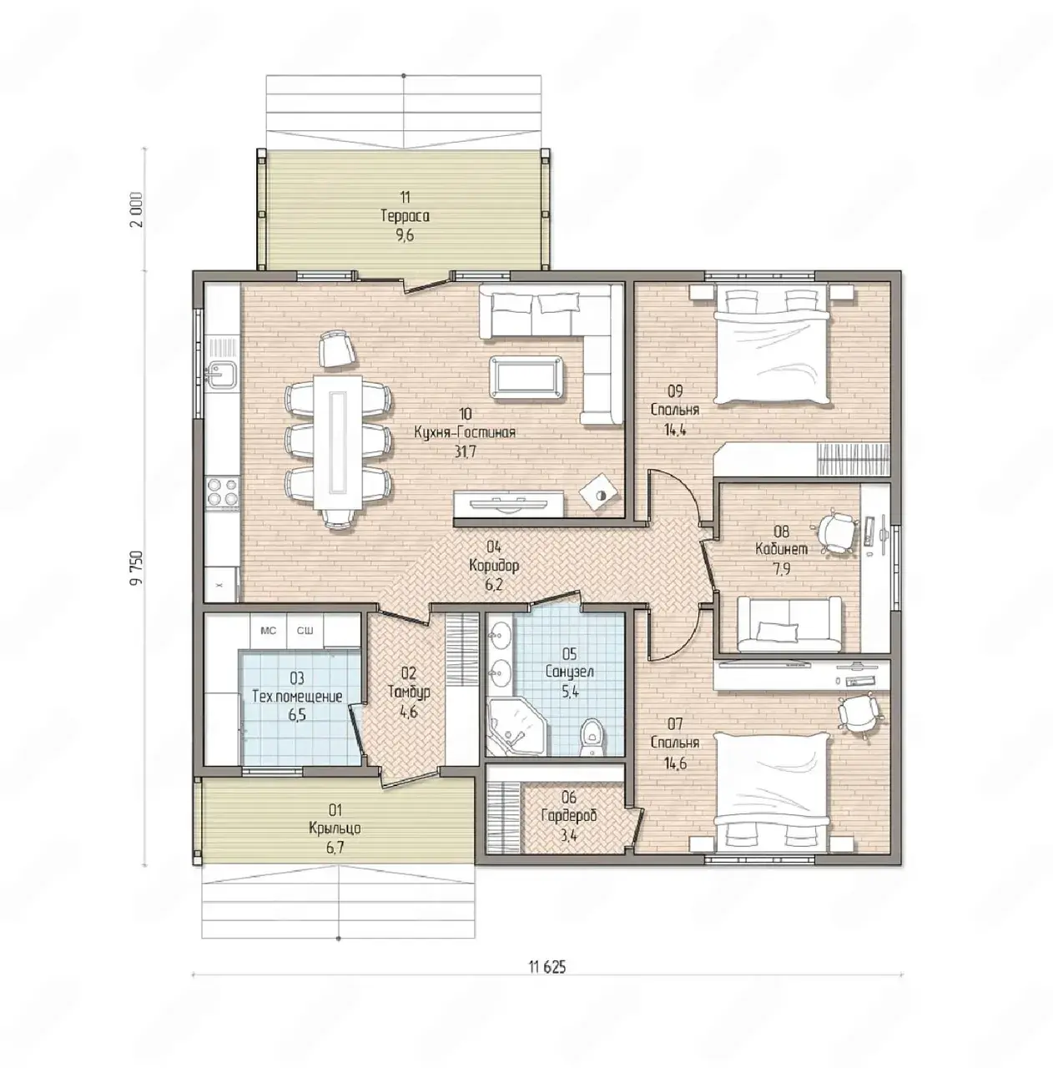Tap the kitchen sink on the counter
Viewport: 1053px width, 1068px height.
[x=222, y=373]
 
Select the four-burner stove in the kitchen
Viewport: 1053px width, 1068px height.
[x=222, y=493]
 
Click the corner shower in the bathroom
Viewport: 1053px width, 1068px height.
[x=516, y=725]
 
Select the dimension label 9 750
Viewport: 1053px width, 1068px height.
[x=136, y=567]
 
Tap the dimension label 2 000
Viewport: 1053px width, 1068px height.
[x=136, y=209]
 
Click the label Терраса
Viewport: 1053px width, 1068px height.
[x=405, y=216]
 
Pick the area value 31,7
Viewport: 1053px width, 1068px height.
[x=466, y=451]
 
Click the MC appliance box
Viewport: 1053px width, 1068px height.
[x=269, y=631]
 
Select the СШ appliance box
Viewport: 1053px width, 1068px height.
[x=305, y=631]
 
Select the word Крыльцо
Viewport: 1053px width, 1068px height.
[x=335, y=829]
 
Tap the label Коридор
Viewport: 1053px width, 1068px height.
[x=493, y=566]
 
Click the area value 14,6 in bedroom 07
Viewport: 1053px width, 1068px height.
[x=675, y=763]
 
